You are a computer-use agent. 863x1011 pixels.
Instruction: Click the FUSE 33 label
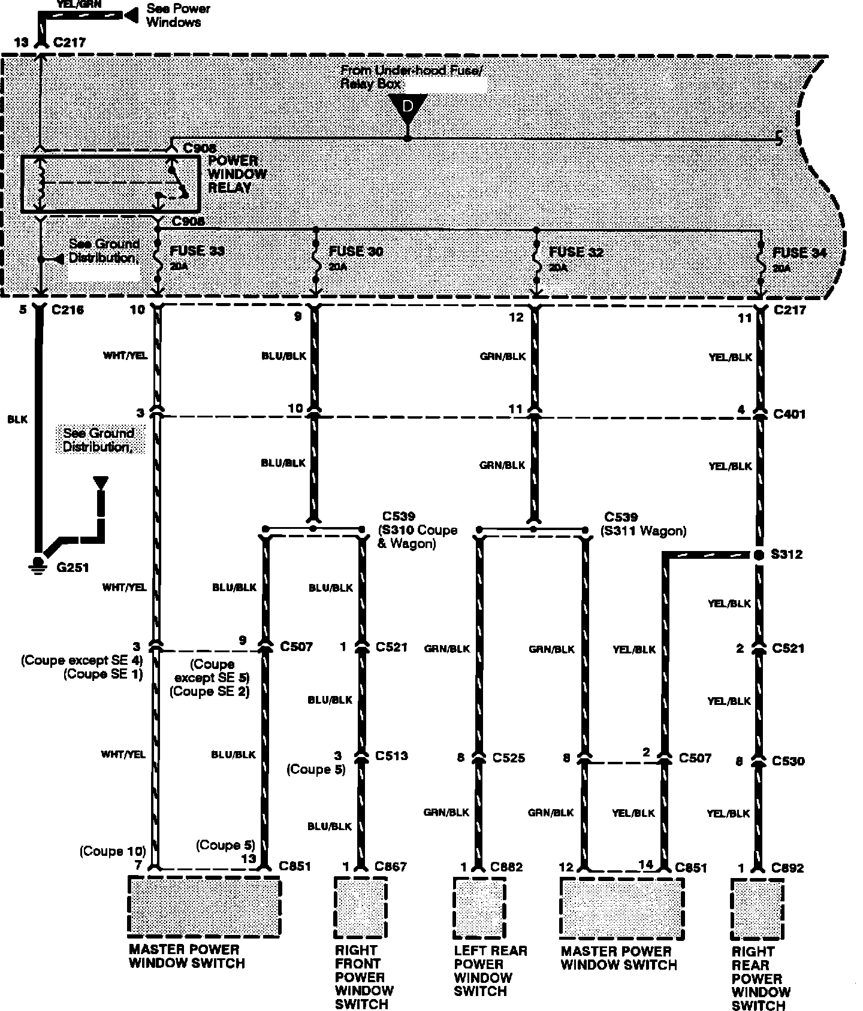coord(197,251)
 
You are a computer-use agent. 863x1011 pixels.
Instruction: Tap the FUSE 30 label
coord(356,251)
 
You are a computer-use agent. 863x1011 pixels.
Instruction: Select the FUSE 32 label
coord(576,252)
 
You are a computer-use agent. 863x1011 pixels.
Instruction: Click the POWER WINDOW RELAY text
coord(237,174)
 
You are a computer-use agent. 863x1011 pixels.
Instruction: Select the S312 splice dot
coord(759,555)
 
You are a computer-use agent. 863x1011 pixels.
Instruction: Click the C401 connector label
coord(790,414)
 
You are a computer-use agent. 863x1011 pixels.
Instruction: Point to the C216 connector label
coord(68,310)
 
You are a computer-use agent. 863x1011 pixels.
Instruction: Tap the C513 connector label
coord(391,756)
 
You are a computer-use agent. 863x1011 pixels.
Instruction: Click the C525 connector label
coord(509,758)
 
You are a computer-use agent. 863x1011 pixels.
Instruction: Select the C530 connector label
coord(788,761)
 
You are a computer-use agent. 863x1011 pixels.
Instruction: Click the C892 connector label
coord(788,868)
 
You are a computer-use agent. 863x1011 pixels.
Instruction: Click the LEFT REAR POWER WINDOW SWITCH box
coord(479,908)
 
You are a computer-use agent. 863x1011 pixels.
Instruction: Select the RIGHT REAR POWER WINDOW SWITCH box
coord(758,909)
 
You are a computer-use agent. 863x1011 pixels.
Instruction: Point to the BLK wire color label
coord(17,420)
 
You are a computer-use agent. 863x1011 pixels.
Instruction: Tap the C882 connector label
coord(507,867)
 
